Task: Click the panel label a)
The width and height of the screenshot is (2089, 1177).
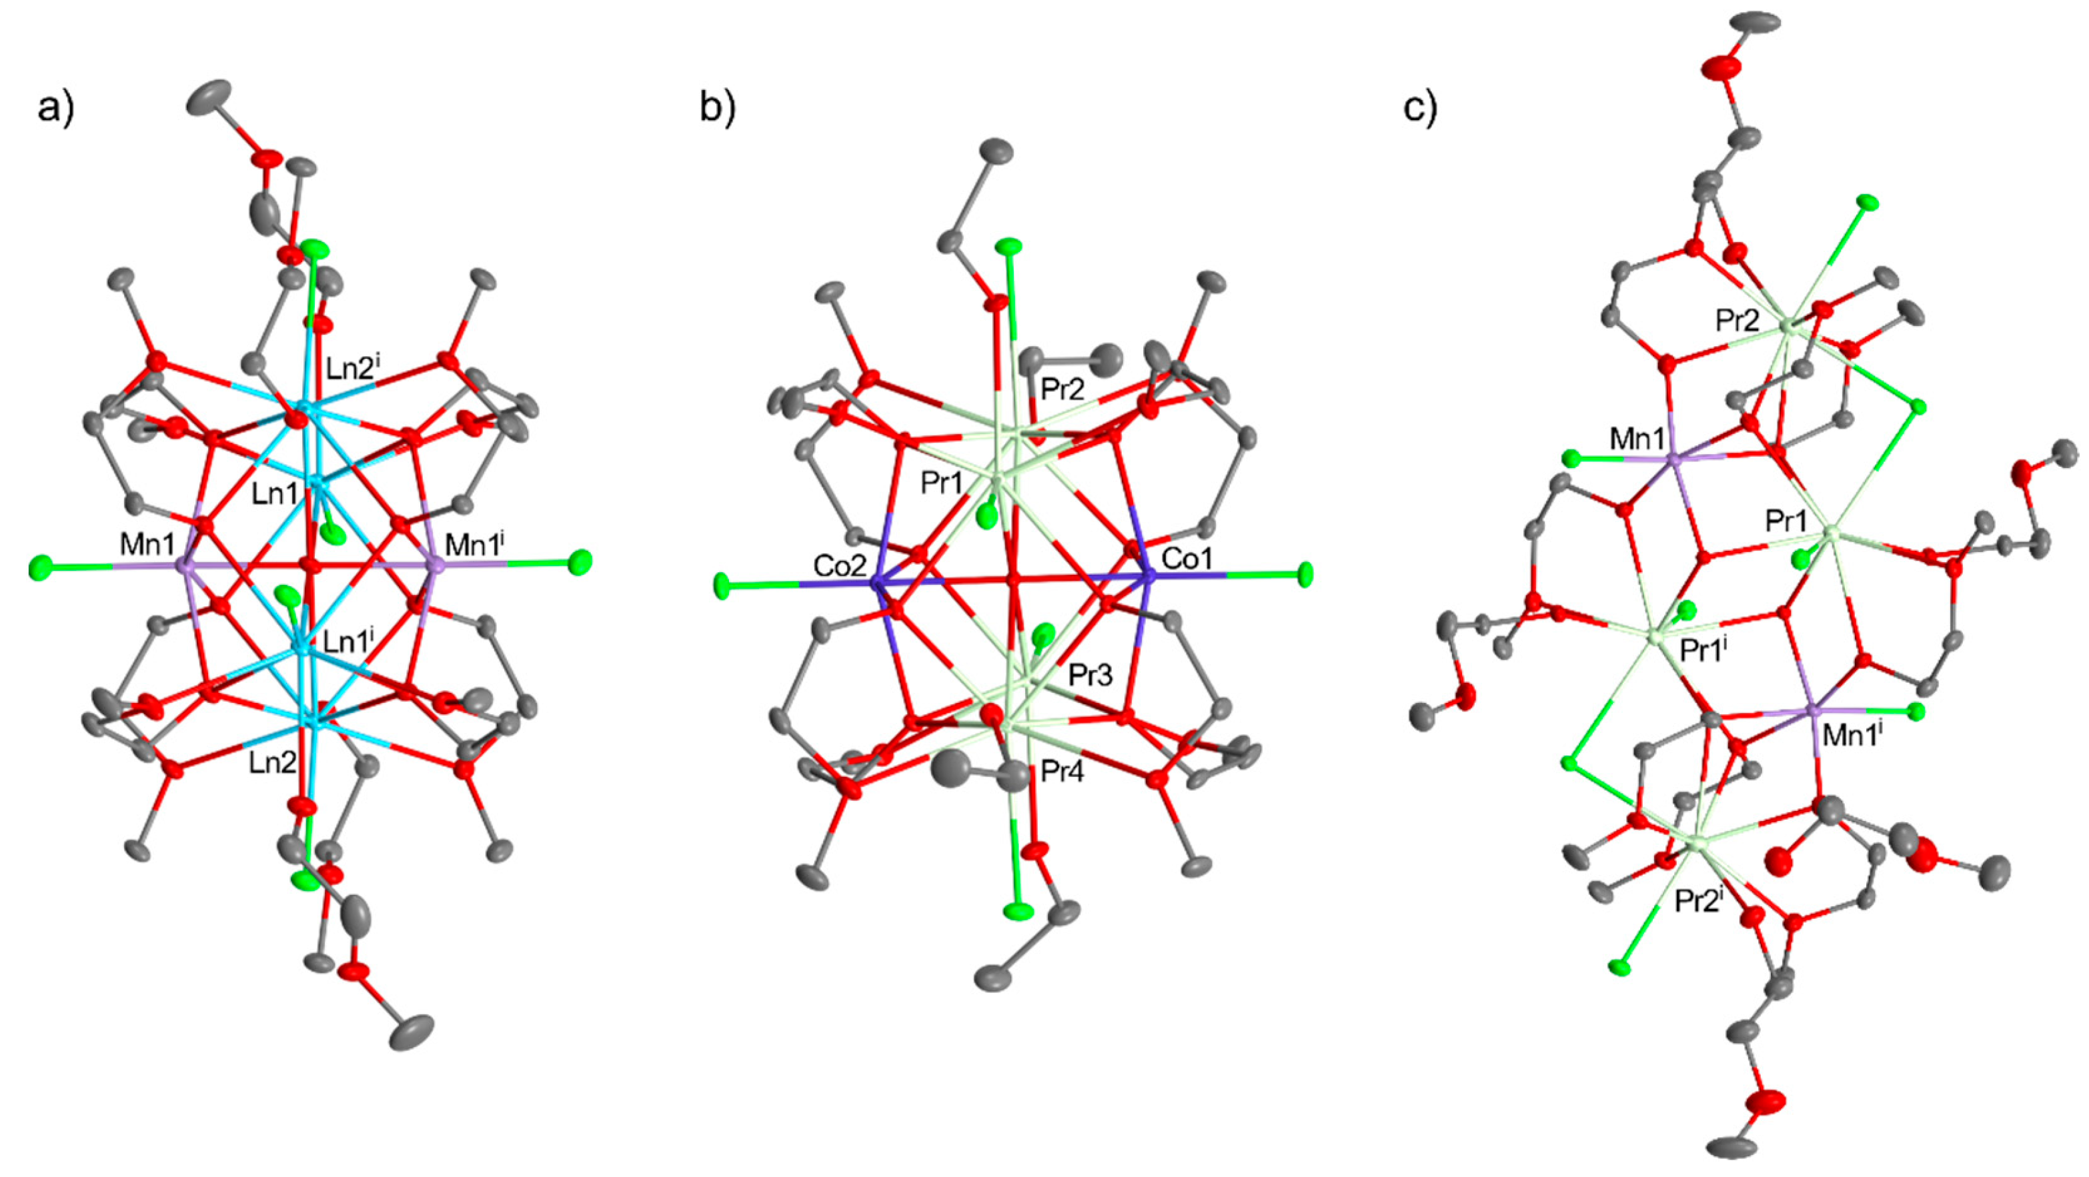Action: pos(55,109)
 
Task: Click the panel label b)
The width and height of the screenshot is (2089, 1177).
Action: pos(717,109)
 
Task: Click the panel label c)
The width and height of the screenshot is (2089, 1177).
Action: pos(1420,109)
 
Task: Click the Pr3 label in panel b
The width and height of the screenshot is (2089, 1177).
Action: pos(1090,674)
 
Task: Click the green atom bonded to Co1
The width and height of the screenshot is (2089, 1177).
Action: pos(1305,575)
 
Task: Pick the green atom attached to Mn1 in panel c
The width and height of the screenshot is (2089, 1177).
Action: pos(1571,459)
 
